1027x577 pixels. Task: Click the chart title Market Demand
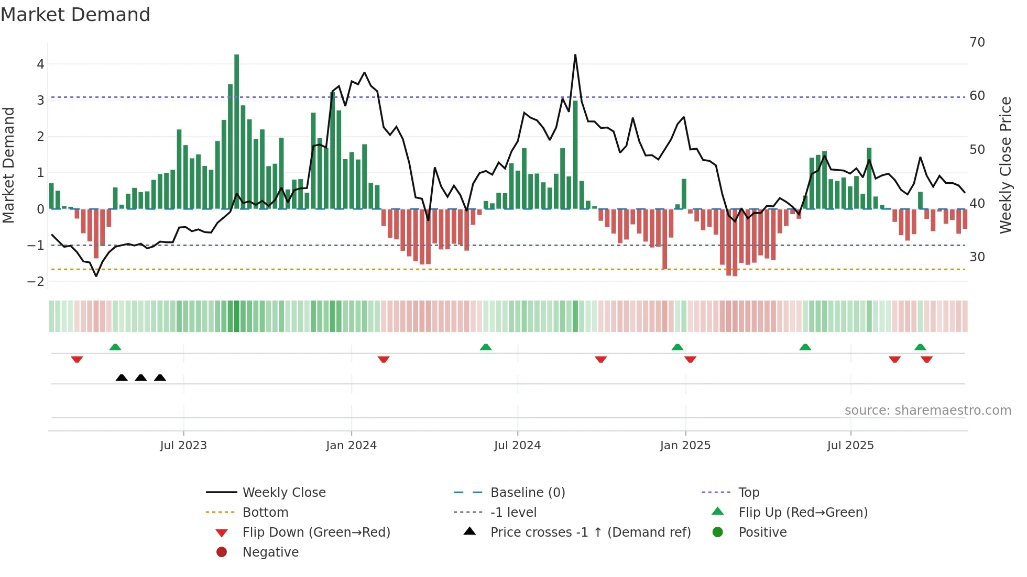pos(75,15)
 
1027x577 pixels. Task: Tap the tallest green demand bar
pos(236,131)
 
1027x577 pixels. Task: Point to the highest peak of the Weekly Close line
pos(575,56)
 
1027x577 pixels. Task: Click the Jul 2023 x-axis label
pos(183,446)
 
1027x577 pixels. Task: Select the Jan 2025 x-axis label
pos(685,446)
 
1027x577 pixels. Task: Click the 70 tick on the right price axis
pos(977,42)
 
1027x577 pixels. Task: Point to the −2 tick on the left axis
pos(36,281)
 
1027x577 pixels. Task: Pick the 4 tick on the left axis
pos(40,64)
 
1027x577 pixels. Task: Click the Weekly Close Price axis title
pos(1004,165)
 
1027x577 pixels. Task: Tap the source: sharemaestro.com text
pos(927,410)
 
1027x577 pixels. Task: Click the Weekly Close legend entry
pos(283,493)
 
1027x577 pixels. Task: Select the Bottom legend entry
pos(265,513)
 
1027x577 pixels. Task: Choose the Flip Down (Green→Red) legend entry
pos(316,532)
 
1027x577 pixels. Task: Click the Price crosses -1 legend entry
pos(590,532)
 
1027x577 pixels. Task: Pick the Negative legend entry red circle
pos(222,552)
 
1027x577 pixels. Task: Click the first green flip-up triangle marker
pos(115,347)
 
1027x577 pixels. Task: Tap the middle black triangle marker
pos(140,378)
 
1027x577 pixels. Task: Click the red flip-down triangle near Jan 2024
pos(384,359)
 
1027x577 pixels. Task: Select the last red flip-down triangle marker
pos(926,359)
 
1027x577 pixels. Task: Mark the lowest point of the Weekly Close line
pos(96,275)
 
